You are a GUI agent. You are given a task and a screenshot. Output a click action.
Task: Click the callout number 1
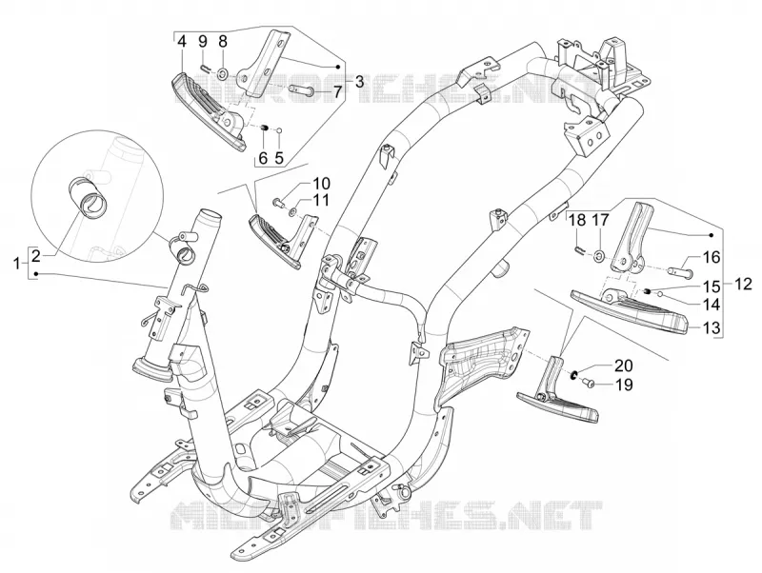pyautogui.click(x=17, y=265)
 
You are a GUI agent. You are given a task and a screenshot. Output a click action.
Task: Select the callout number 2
pyautogui.click(x=36, y=255)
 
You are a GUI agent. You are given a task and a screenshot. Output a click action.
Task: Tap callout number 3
pyautogui.click(x=359, y=82)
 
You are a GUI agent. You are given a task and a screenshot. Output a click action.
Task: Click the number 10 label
pyautogui.click(x=321, y=184)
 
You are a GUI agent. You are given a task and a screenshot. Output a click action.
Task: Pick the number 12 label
pyautogui.click(x=744, y=284)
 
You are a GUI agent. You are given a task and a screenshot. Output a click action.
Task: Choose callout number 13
pyautogui.click(x=712, y=327)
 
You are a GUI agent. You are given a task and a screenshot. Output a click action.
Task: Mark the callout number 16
pyautogui.click(x=712, y=257)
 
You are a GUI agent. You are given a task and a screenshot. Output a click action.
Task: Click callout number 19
pyautogui.click(x=624, y=385)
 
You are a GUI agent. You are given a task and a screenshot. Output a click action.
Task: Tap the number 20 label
pyautogui.click(x=624, y=366)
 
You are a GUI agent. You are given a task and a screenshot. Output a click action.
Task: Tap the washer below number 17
pyautogui.click(x=599, y=254)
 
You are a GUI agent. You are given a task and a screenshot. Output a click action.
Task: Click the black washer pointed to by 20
pyautogui.click(x=574, y=374)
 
